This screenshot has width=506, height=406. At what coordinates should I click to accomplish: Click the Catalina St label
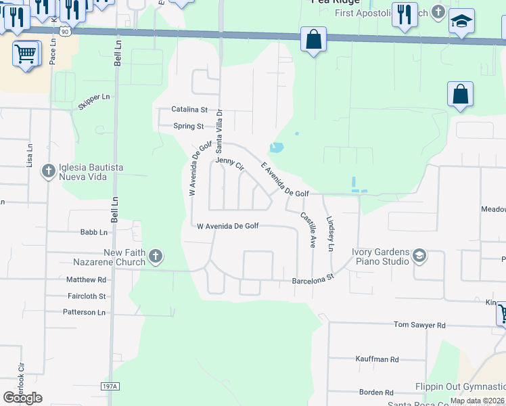(189, 110)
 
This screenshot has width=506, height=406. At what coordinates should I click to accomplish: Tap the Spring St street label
(188, 127)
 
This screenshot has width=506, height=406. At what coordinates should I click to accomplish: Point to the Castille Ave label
(308, 229)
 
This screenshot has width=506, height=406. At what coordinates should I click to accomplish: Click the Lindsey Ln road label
(330, 234)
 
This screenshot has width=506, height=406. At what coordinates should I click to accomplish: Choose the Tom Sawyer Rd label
(419, 325)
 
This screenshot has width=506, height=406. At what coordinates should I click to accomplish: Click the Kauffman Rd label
(377, 359)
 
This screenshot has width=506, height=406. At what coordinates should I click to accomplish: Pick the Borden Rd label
(376, 392)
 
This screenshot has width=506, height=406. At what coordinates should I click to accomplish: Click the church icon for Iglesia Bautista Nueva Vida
(49, 172)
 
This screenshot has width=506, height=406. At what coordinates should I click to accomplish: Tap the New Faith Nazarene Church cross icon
(156, 256)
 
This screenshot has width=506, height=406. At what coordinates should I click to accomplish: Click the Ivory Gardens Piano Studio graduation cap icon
(419, 256)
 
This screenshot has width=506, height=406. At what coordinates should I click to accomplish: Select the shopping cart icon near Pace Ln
(26, 53)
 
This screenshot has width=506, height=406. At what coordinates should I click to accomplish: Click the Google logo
(22, 398)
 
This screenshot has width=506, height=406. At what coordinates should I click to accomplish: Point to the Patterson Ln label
(84, 313)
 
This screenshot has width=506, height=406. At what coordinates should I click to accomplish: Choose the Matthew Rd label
(86, 279)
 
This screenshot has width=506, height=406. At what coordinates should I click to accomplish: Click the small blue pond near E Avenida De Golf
(276, 147)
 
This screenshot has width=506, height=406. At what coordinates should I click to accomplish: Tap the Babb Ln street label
(94, 233)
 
